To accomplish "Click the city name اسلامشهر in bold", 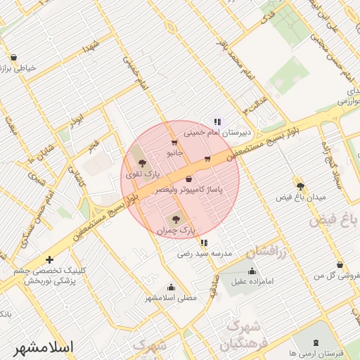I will (x=43, y=347).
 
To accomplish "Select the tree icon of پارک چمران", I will (x=176, y=219).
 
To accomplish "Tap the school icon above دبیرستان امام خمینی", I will (x=217, y=121).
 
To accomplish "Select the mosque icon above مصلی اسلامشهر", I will (x=171, y=287).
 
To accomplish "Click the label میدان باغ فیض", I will (x=301, y=197).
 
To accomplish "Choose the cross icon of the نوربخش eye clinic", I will (x=49, y=259).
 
